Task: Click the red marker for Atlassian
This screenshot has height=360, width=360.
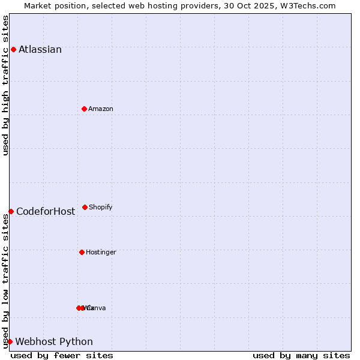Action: point(13,49)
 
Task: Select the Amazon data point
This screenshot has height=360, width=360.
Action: point(84,109)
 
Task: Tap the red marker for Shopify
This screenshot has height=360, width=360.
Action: point(85,207)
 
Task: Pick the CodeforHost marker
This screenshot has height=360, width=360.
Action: point(11,211)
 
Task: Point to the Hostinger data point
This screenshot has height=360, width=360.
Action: point(82,252)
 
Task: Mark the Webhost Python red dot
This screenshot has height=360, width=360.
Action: point(10,341)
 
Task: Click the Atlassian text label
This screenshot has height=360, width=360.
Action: point(40,49)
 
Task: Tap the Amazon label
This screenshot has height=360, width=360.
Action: point(101,109)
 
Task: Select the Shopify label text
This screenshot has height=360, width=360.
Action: point(101,207)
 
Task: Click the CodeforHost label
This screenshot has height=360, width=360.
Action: point(46,211)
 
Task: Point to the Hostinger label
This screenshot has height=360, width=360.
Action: point(101,252)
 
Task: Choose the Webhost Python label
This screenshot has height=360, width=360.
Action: point(54,341)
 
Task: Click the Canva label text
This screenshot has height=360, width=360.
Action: point(97,308)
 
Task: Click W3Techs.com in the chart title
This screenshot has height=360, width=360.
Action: point(309,5)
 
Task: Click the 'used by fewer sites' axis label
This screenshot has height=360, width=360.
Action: point(62,355)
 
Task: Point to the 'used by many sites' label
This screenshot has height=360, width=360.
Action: point(301,355)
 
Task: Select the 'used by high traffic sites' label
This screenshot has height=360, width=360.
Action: point(5,85)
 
